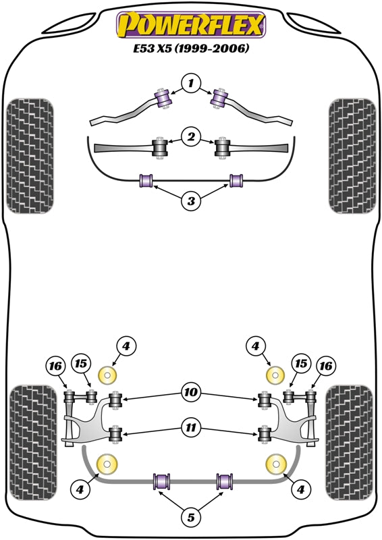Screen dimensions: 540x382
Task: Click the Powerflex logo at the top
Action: [x=191, y=25]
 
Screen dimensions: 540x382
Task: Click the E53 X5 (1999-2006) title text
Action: [x=191, y=49]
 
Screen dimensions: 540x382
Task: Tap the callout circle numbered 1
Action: [x=191, y=84]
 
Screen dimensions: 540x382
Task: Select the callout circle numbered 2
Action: [x=191, y=138]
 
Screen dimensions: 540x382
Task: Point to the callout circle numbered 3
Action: [x=191, y=200]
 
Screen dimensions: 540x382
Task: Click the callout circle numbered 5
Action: [x=191, y=518]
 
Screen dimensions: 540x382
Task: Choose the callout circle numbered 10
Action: [x=191, y=389]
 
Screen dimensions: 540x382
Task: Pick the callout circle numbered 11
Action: [x=191, y=425]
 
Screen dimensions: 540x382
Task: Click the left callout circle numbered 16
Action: [x=55, y=367]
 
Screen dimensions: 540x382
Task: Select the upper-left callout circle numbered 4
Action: [x=126, y=347]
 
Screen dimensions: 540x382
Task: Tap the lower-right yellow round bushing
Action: [x=275, y=464]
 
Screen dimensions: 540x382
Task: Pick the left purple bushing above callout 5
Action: [x=162, y=482]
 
